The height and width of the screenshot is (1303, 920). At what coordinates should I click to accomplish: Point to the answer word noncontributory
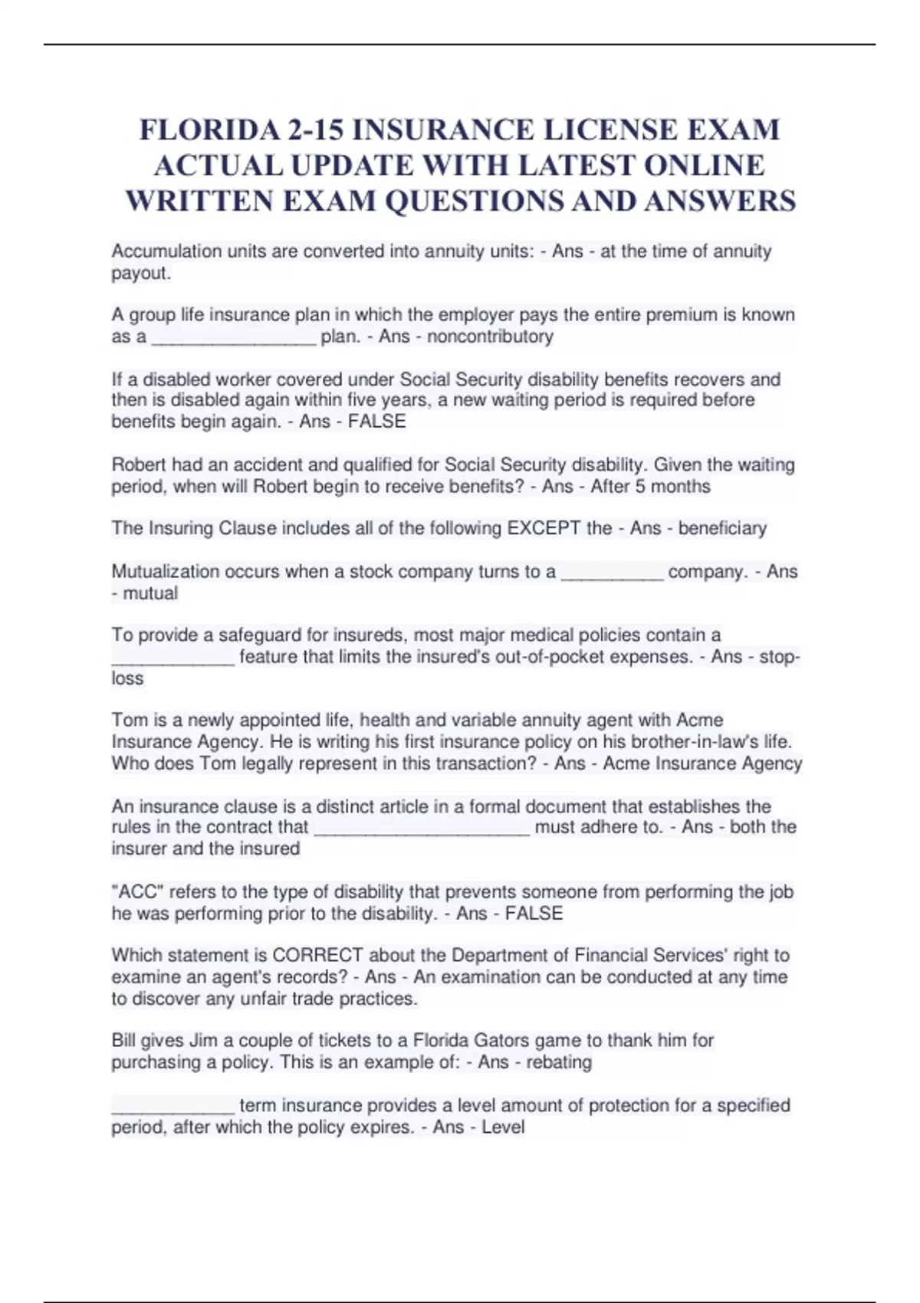pyautogui.click(x=490, y=336)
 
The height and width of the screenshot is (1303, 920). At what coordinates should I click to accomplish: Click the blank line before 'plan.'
pyautogui.click(x=234, y=339)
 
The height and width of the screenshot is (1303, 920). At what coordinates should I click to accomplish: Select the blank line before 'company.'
pyautogui.click(x=612, y=574)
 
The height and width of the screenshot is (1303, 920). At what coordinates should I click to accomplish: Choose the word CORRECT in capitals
pyautogui.click(x=317, y=955)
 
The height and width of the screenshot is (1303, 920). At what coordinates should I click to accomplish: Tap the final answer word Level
pyautogui.click(x=503, y=1127)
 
